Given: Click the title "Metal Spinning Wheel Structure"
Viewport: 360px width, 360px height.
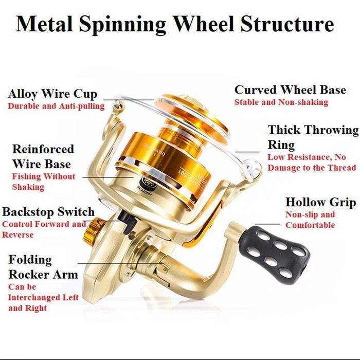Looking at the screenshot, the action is (175, 24).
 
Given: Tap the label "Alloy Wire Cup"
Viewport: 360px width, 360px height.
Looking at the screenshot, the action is (52, 95).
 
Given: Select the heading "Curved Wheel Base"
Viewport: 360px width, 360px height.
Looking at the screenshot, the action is (290, 90).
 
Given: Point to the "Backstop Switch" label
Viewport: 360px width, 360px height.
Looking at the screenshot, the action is (48, 212).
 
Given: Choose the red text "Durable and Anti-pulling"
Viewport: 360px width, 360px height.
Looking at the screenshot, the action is (56, 106).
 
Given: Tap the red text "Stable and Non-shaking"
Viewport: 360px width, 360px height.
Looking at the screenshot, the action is (281, 102).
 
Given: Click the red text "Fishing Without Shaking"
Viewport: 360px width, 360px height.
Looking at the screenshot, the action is (44, 182).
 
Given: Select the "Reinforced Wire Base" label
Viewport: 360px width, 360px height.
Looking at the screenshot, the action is (43, 156).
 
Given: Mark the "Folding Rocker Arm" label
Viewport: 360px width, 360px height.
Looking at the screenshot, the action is (42, 267).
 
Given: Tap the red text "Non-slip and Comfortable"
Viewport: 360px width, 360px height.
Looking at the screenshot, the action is (310, 220).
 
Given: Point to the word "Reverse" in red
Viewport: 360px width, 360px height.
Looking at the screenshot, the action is (18, 235).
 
